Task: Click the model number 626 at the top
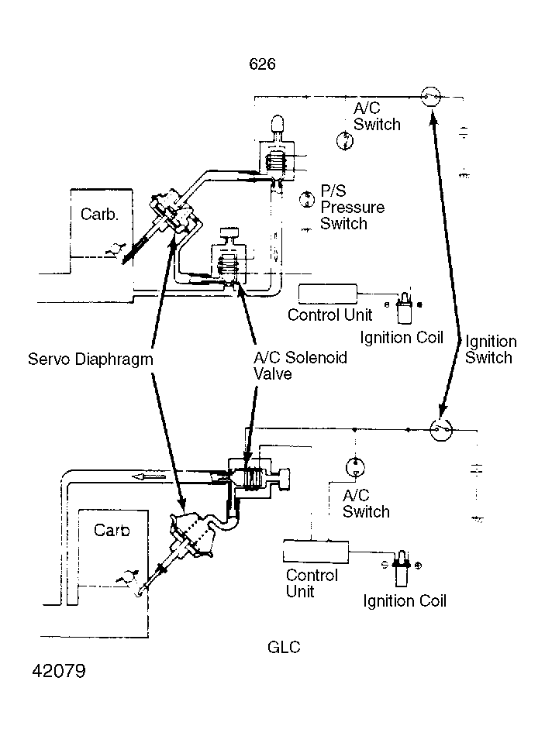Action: pyautogui.click(x=262, y=64)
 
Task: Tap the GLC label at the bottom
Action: pyautogui.click(x=285, y=647)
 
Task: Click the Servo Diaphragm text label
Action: pyautogui.click(x=89, y=359)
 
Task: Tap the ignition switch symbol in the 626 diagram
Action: pyautogui.click(x=430, y=96)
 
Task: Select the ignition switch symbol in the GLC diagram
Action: pyautogui.click(x=441, y=429)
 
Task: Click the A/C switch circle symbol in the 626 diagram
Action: pyautogui.click(x=344, y=141)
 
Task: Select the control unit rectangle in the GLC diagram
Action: pyautogui.click(x=316, y=551)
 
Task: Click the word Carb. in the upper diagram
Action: pyautogui.click(x=99, y=214)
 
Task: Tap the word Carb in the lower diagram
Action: pyautogui.click(x=112, y=531)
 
